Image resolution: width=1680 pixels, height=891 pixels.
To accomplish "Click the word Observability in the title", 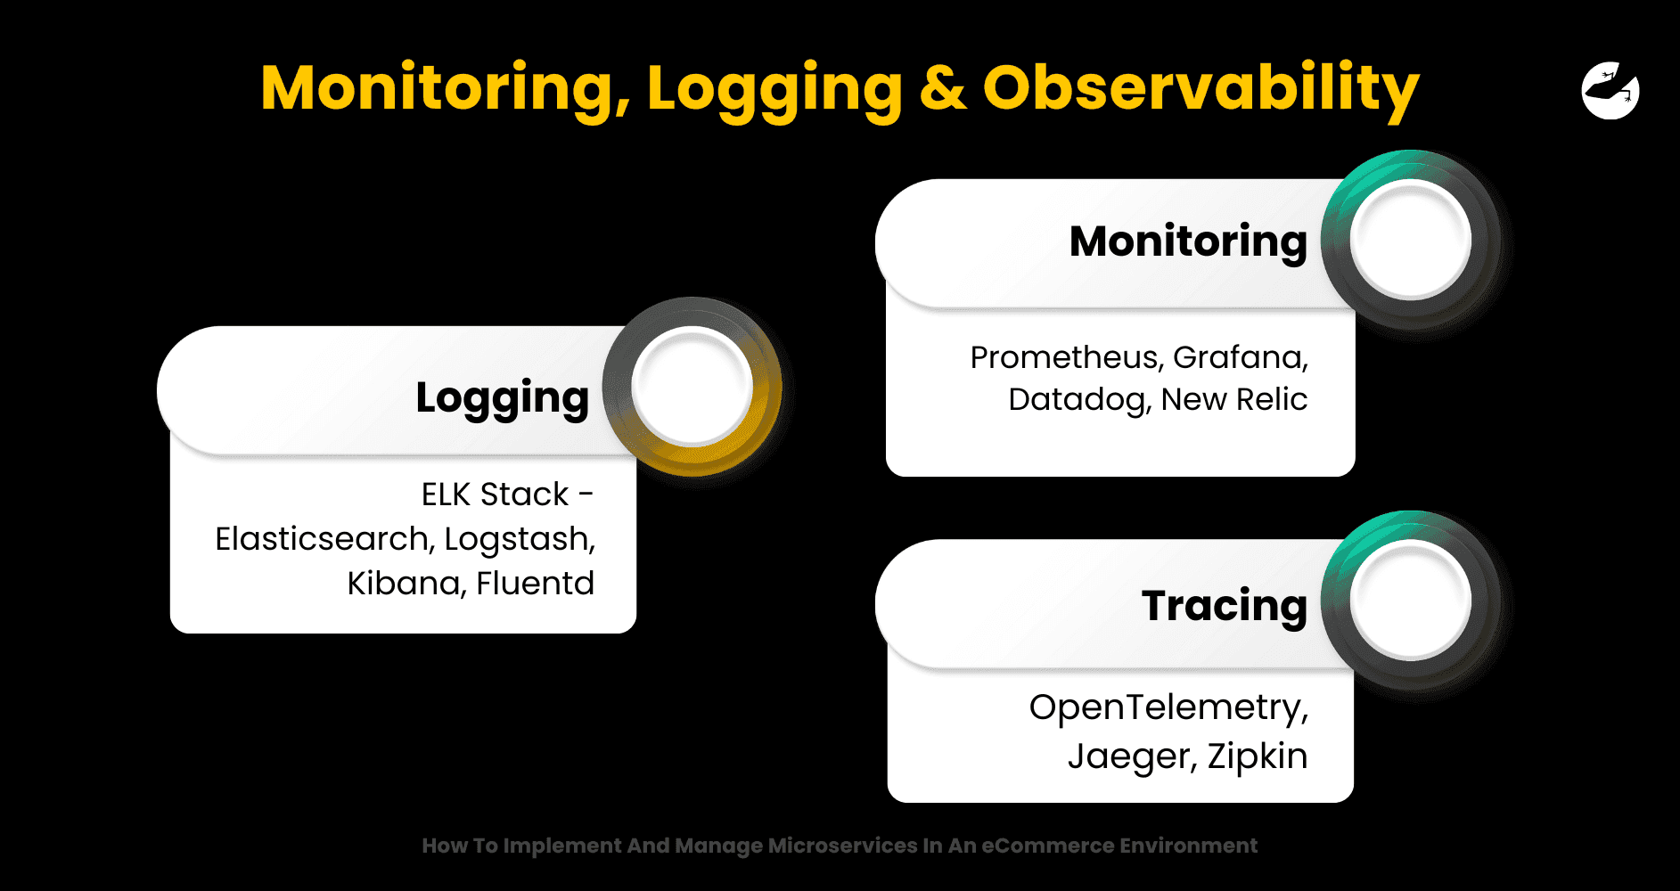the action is tap(1201, 89).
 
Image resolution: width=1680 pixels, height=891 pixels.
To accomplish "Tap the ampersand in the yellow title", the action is tap(943, 88).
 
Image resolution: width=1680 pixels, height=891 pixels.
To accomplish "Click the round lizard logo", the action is tap(1610, 90).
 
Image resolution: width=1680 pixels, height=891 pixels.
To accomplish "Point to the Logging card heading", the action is tap(503, 397).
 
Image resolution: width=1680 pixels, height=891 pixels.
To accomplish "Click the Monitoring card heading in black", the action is tap(1188, 241).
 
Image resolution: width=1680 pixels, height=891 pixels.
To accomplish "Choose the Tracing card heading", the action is tap(1225, 606).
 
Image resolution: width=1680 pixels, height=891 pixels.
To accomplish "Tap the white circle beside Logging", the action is tap(692, 385).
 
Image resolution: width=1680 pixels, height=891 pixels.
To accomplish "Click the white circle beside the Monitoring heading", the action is tap(1410, 239).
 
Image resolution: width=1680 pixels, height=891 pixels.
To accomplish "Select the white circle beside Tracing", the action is tap(1410, 600).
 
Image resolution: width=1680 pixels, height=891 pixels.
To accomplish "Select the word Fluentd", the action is tap(535, 584).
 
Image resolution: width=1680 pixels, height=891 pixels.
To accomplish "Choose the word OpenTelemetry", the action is tap(1168, 707).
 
